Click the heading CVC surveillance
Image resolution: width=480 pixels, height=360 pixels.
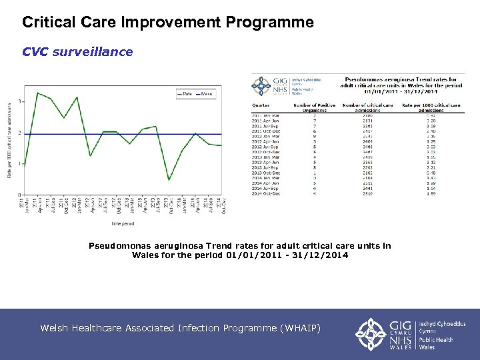tap(77, 51)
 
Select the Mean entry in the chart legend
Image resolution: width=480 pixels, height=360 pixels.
tap(205, 94)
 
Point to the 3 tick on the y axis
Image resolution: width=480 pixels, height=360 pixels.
tap(20, 101)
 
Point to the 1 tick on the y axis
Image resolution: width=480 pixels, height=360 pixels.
tap(20, 164)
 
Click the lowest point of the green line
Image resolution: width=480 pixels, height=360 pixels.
tap(169, 180)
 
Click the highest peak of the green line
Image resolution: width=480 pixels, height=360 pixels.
tap(37, 93)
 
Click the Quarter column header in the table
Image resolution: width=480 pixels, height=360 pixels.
tap(261, 105)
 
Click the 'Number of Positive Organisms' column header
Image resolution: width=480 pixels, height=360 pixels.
tap(314, 107)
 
